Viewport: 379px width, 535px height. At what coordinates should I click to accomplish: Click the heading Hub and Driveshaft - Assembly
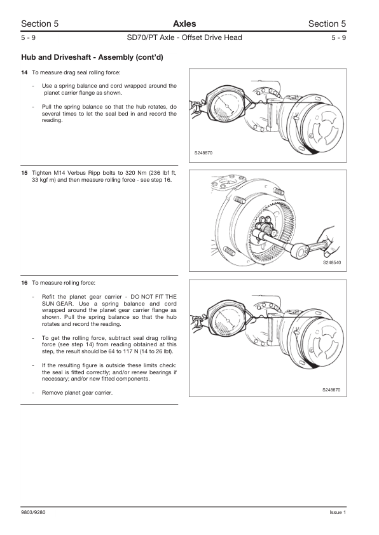(x=92, y=58)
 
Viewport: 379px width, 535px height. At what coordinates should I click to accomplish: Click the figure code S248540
(x=331, y=262)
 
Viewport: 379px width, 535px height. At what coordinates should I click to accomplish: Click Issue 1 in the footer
(x=338, y=513)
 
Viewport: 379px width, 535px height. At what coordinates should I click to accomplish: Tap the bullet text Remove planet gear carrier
(x=77, y=393)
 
